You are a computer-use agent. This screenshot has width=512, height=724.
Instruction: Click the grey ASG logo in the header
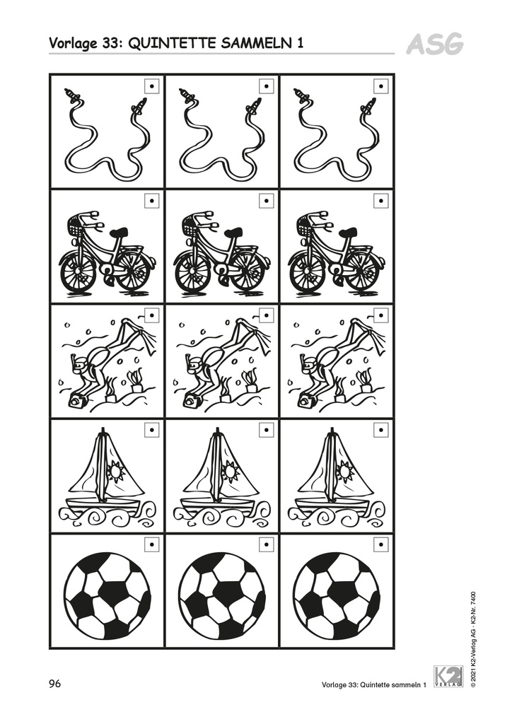click(435, 44)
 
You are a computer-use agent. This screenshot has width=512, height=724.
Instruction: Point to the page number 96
click(55, 684)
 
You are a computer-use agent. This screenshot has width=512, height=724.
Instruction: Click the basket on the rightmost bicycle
click(306, 226)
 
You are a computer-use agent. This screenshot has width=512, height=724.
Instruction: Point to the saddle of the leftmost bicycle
click(119, 232)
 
